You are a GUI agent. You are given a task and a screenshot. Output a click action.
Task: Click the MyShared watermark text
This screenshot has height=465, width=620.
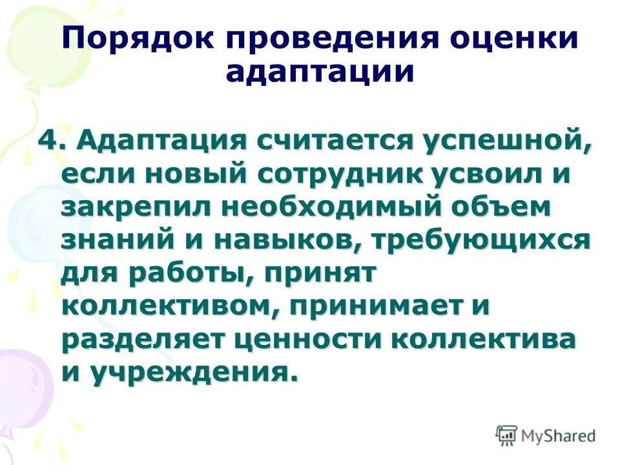tap(559, 435)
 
